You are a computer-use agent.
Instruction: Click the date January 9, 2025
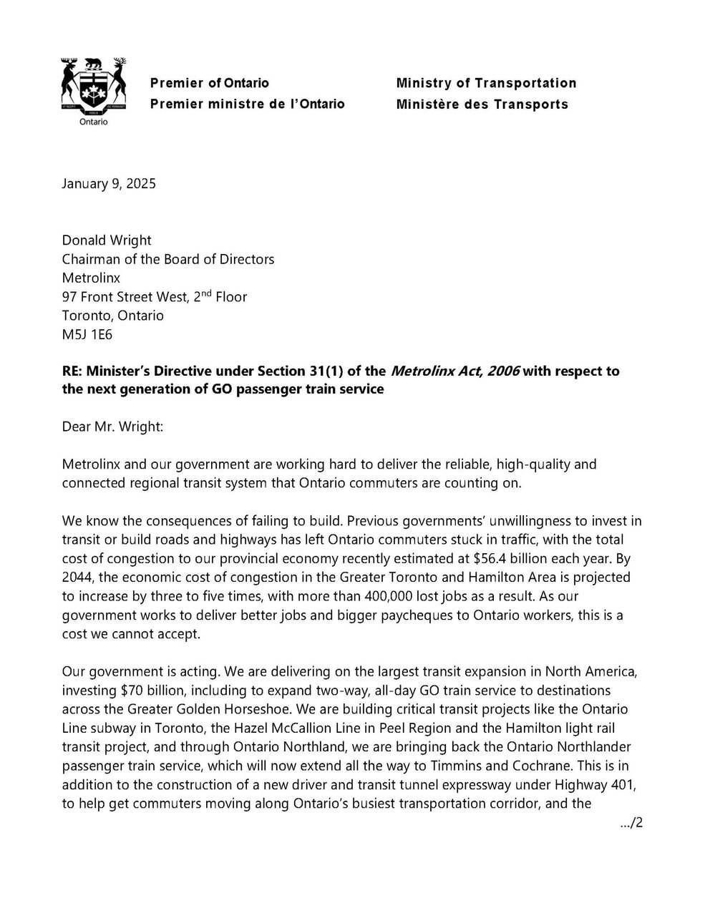pyautogui.click(x=109, y=183)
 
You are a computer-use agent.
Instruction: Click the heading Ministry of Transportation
pyautogui.click(x=486, y=83)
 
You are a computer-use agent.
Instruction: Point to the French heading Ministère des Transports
pyautogui.click(x=482, y=104)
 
